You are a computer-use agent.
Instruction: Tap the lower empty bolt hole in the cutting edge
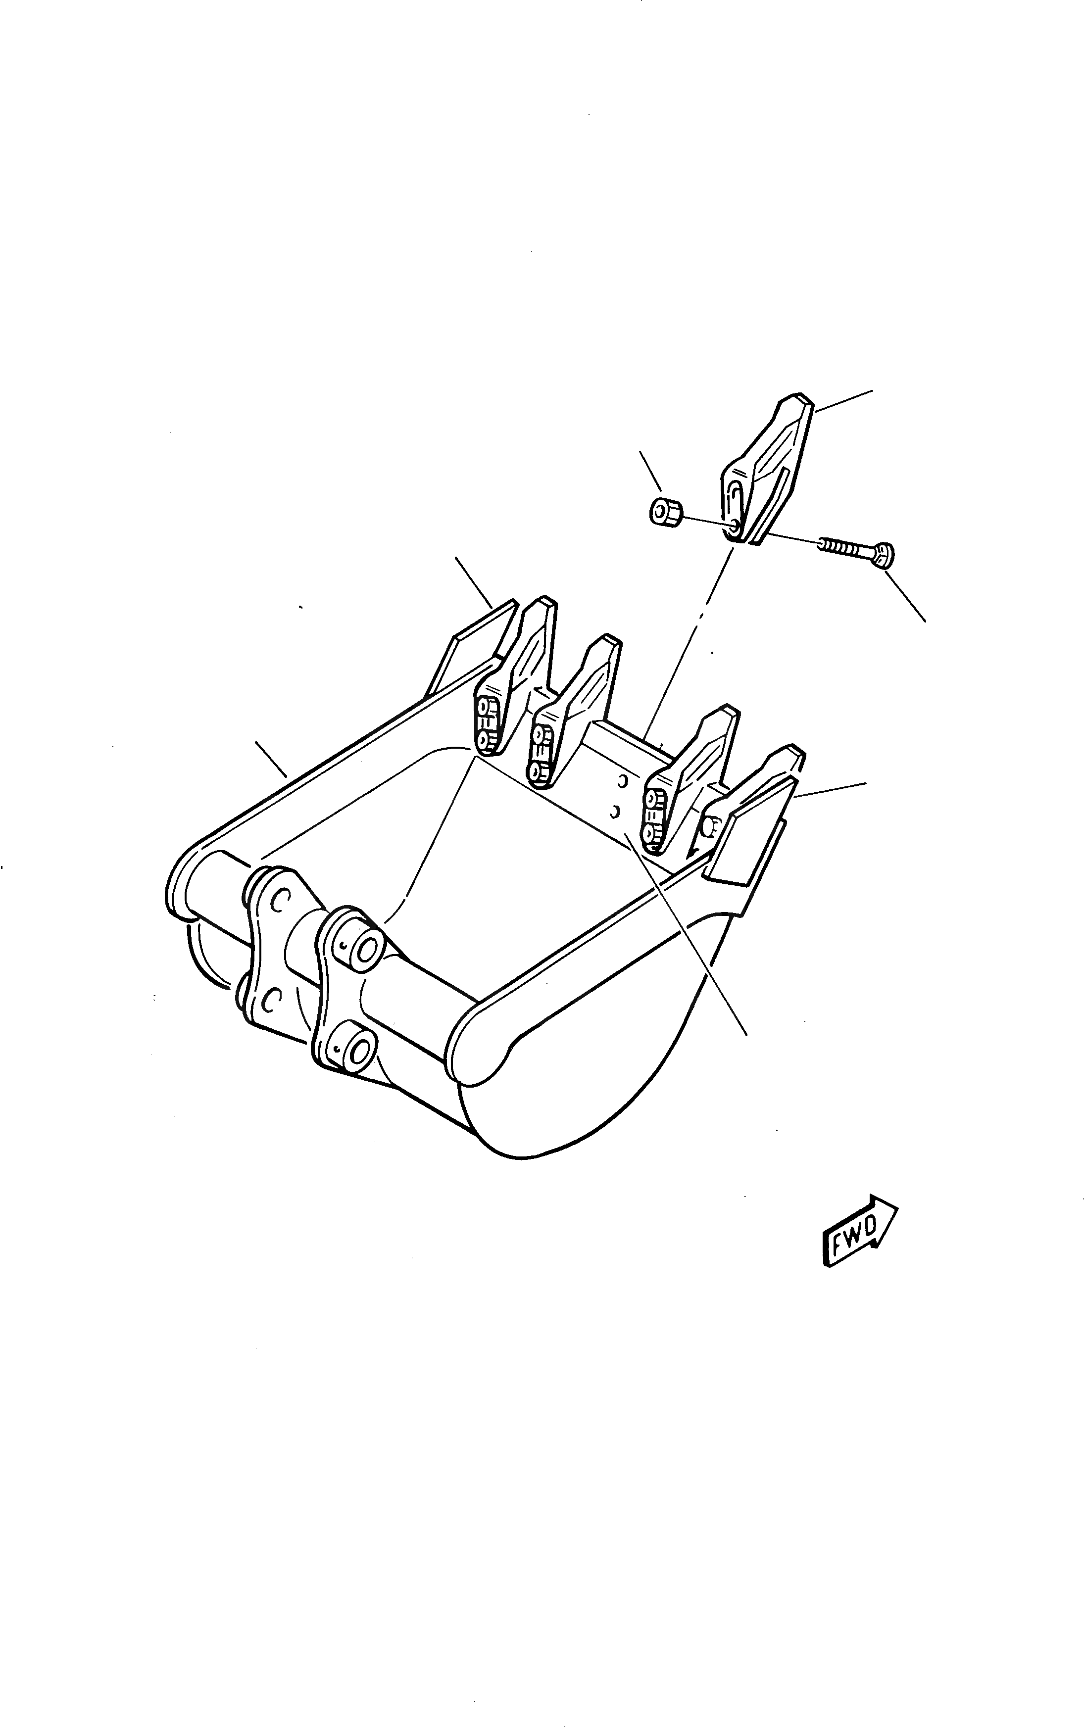[614, 812]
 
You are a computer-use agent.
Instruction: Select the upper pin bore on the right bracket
[368, 949]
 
